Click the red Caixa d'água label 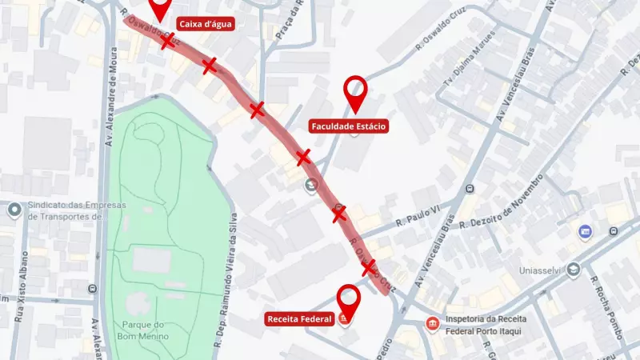point(205,24)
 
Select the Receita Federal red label point(300,319)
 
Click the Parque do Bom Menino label point(145,330)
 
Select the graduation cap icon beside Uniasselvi point(573,270)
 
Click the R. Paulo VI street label point(418,226)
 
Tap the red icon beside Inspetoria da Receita point(432,323)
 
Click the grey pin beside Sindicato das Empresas point(14,210)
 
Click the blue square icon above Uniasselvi point(586,231)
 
